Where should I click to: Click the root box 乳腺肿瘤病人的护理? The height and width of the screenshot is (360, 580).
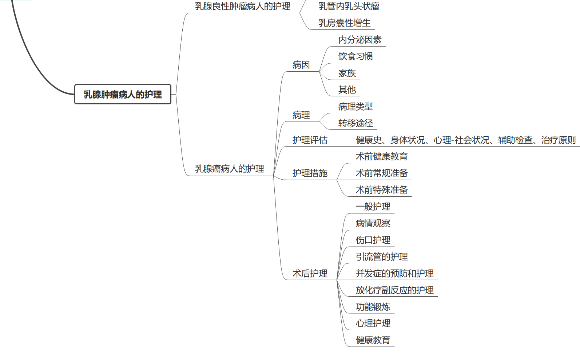[123, 95]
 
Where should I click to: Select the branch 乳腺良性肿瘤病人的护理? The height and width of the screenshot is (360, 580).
[242, 6]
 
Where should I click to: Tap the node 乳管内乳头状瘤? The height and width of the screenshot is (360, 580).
[349, 6]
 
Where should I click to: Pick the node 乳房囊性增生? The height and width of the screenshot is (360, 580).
[345, 23]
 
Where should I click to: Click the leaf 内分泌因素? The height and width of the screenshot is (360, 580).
[360, 40]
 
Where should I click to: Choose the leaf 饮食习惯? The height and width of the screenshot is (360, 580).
[355, 56]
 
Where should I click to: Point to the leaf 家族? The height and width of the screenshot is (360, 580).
[347, 73]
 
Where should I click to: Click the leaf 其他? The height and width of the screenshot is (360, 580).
[347, 90]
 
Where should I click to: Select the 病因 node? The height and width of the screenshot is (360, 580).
[301, 65]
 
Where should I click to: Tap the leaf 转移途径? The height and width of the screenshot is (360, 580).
[355, 123]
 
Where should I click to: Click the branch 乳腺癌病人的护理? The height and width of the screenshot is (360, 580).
[229, 169]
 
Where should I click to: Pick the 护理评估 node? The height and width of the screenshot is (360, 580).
[310, 140]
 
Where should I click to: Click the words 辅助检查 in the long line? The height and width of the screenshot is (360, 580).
[515, 140]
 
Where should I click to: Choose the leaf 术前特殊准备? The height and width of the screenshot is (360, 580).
[382, 190]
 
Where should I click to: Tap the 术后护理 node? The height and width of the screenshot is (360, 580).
[310, 273]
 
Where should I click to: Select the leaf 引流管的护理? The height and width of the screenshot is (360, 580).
[382, 257]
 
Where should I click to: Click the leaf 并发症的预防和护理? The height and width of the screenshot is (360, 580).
[394, 273]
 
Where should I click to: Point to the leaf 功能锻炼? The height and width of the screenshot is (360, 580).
[373, 307]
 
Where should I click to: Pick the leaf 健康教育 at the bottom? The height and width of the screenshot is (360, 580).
[373, 340]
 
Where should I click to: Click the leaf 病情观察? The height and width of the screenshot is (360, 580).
[373, 223]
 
